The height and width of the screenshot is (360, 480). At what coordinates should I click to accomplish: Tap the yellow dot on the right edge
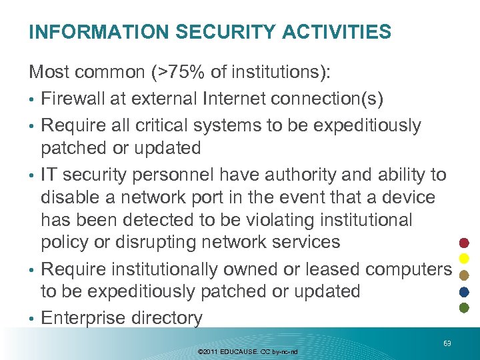pyautogui.click(x=465, y=258)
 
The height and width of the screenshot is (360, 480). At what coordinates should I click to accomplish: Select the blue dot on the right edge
pyautogui.click(x=465, y=291)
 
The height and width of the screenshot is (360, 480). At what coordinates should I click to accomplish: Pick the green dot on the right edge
pyautogui.click(x=465, y=307)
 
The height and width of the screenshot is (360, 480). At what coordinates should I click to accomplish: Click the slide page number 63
pyautogui.click(x=447, y=343)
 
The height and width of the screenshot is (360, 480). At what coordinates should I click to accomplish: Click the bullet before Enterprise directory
pyautogui.click(x=32, y=319)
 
